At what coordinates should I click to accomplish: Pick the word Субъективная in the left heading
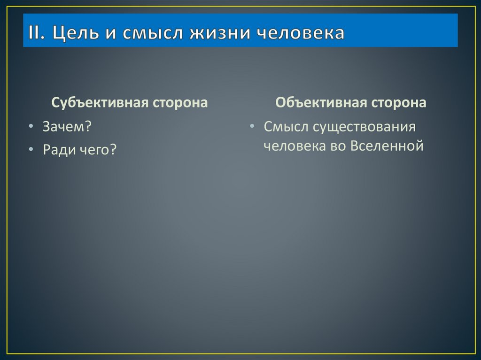tap(100, 103)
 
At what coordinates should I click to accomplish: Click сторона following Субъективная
tap(180, 103)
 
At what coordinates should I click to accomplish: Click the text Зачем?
tap(67, 127)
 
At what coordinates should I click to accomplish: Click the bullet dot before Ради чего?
tap(30, 151)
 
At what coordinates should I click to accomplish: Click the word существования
tap(364, 127)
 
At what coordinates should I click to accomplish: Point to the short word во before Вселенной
tap(340, 146)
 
